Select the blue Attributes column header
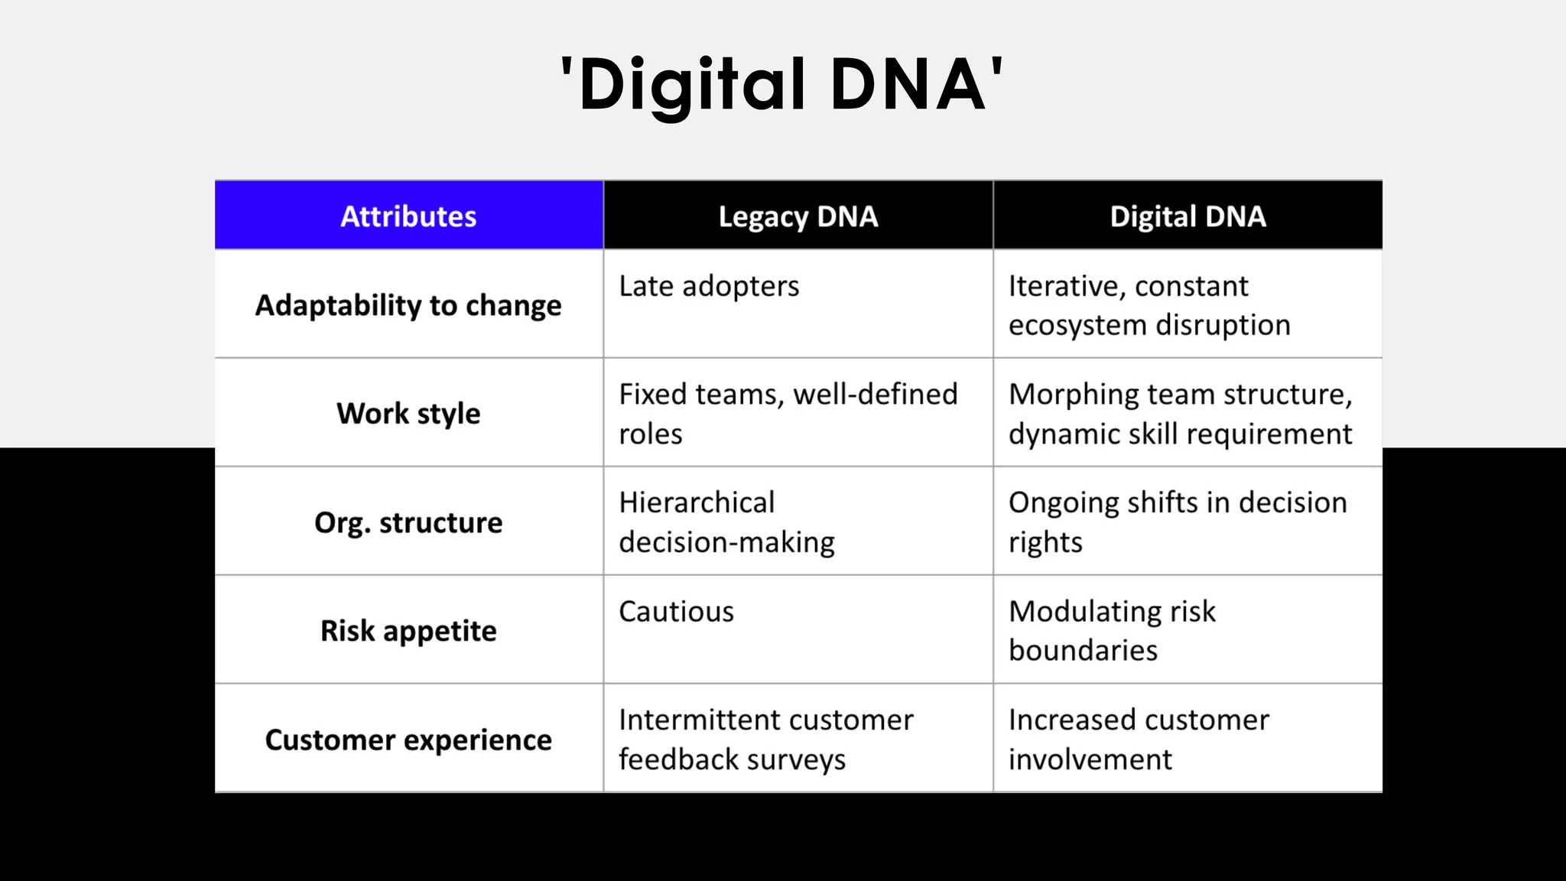[x=408, y=216]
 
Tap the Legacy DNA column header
[x=798, y=216]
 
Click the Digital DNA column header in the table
[x=1187, y=216]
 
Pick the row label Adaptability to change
[x=408, y=305]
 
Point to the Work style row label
[x=408, y=414]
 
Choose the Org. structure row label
[x=408, y=522]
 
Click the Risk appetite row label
[x=408, y=631]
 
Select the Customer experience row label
[x=408, y=740]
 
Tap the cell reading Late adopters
[x=709, y=287]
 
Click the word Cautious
[x=676, y=612]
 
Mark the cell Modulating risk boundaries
[x=1112, y=631]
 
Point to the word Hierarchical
[x=697, y=503]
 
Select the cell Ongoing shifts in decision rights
[x=1178, y=522]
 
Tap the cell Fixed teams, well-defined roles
[x=788, y=414]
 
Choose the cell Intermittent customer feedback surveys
[x=765, y=740]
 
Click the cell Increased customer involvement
[x=1139, y=740]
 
